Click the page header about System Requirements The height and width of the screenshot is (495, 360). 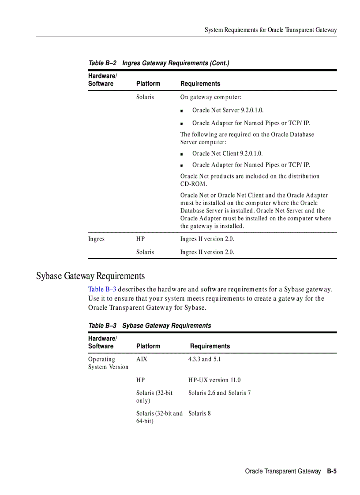click(270, 30)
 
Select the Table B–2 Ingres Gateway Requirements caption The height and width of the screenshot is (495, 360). click(159, 63)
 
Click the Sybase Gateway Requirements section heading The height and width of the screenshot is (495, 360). click(90, 276)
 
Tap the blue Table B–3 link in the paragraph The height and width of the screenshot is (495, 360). click(102, 289)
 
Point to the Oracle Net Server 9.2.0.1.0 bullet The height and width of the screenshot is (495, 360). click(228, 110)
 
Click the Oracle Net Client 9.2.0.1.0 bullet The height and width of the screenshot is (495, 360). click(227, 153)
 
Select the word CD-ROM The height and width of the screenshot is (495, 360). click(193, 184)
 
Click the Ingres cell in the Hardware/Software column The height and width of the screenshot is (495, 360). click(96, 239)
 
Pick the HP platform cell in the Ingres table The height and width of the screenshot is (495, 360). click(140, 239)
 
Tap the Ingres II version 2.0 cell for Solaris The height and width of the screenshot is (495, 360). click(207, 252)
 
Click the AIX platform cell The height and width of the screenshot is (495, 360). click(142, 359)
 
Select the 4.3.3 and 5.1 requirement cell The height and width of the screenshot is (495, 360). click(204, 359)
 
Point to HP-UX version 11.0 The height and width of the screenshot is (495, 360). click(214, 380)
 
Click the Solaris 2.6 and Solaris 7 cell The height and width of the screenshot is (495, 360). click(219, 393)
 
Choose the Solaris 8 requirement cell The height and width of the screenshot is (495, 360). click(199, 413)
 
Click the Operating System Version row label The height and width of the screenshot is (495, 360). click(108, 363)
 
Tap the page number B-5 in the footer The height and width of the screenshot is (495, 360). click(332, 471)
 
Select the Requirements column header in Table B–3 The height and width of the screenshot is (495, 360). click(210, 346)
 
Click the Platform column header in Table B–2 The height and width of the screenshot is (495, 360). click(148, 83)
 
